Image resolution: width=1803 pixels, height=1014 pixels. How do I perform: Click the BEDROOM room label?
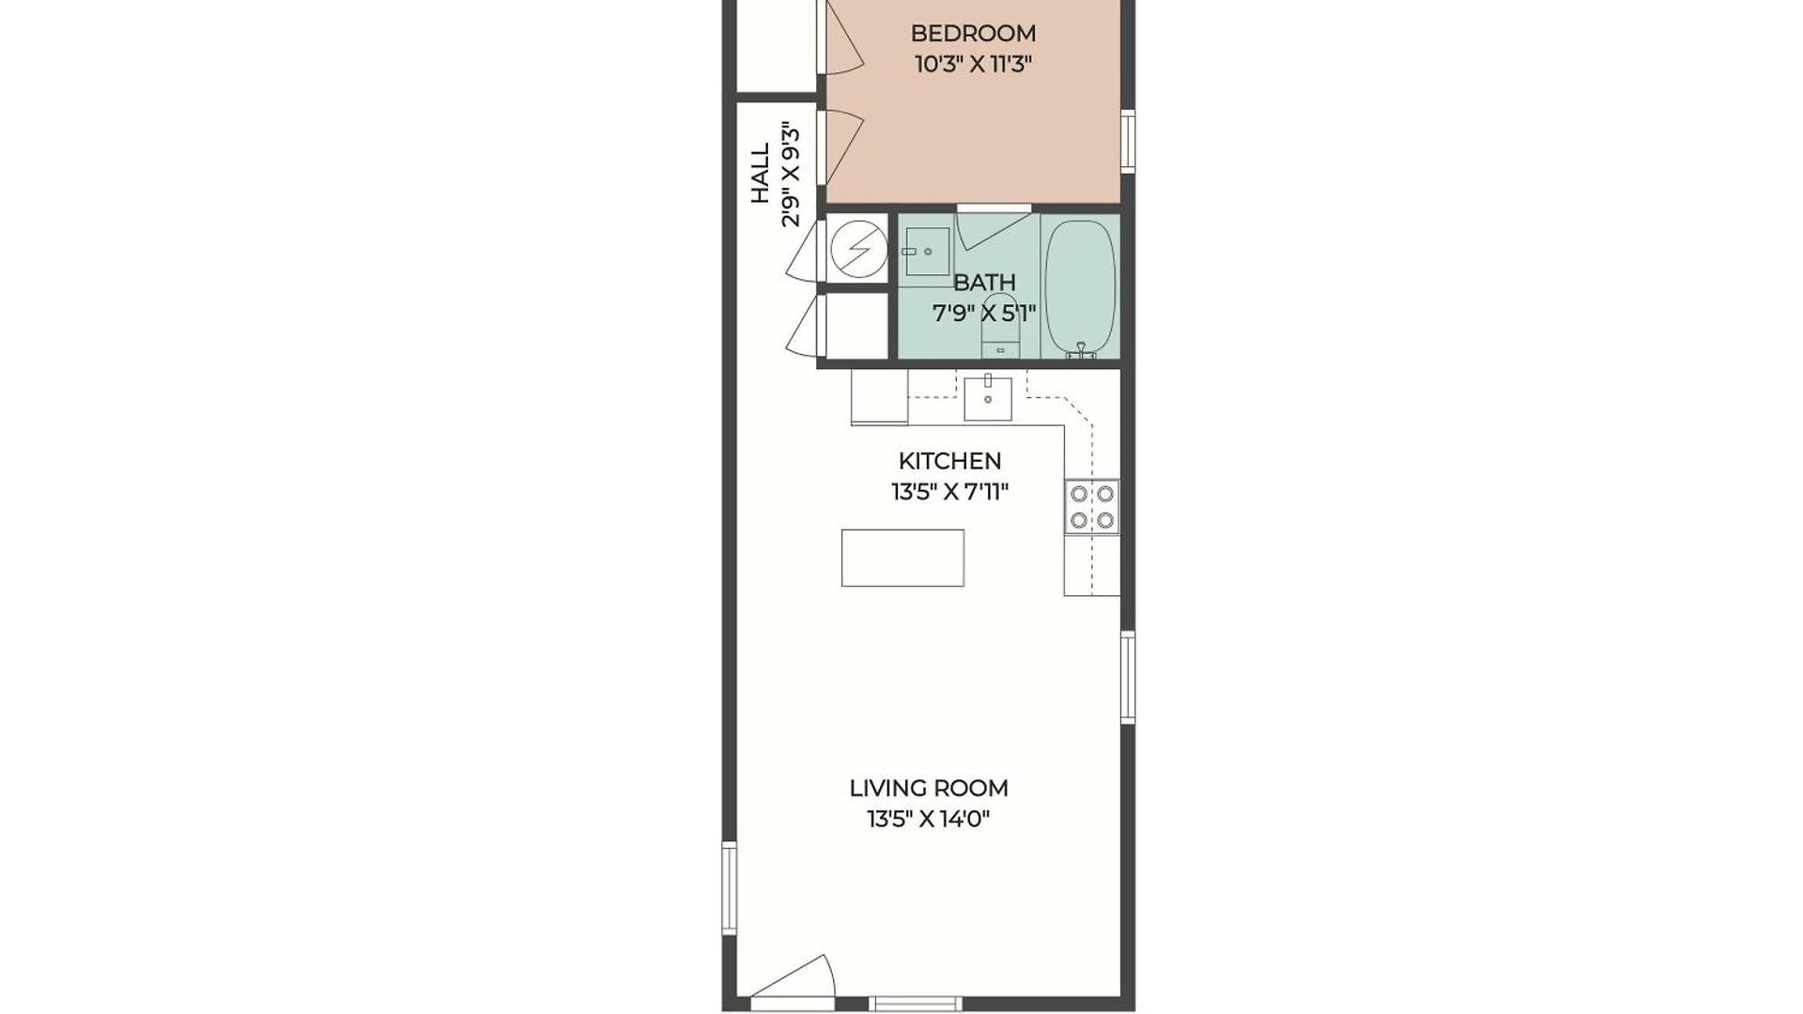pyautogui.click(x=973, y=34)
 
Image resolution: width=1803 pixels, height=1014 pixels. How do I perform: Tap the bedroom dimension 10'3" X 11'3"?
pyautogui.click(x=973, y=65)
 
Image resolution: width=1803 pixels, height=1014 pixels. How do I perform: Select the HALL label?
pyautogui.click(x=760, y=173)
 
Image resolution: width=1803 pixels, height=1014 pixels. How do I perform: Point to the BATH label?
pyautogui.click(x=984, y=282)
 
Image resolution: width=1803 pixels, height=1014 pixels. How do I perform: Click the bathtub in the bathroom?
pyautogui.click(x=1080, y=288)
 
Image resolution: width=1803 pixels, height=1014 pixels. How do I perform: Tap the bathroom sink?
pyautogui.click(x=926, y=252)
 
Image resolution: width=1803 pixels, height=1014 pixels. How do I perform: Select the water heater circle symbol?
pyautogui.click(x=858, y=249)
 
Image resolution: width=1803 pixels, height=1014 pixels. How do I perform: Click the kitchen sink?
pyautogui.click(x=988, y=398)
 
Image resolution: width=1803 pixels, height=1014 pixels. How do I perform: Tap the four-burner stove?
pyautogui.click(x=1092, y=507)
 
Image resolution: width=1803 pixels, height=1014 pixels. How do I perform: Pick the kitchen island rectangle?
pyautogui.click(x=902, y=558)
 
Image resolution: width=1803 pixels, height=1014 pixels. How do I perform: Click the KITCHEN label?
pyautogui.click(x=949, y=461)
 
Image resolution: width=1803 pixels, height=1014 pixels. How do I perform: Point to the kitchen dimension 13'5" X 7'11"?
pyautogui.click(x=949, y=492)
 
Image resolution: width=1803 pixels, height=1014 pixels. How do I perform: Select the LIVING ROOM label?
pyautogui.click(x=929, y=788)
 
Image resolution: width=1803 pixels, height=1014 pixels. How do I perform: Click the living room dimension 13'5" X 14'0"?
pyautogui.click(x=929, y=819)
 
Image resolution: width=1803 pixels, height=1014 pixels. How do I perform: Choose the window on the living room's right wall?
pyautogui.click(x=1128, y=677)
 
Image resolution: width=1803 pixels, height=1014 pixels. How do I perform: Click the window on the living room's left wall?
pyautogui.click(x=729, y=887)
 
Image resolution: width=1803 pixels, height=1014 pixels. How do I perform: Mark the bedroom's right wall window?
pyautogui.click(x=1128, y=142)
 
